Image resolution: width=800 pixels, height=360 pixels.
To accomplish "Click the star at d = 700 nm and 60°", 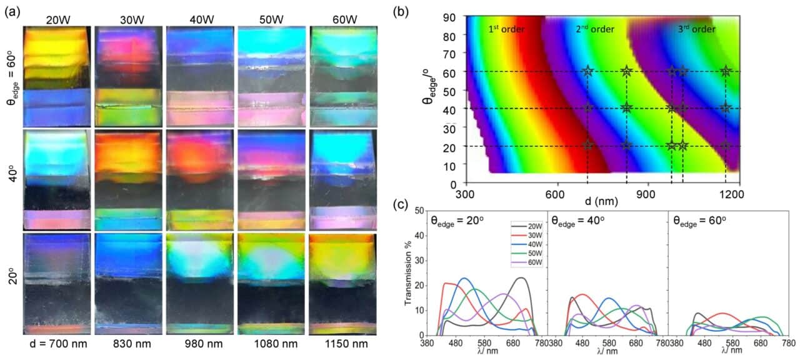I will pyautogui.click(x=587, y=71).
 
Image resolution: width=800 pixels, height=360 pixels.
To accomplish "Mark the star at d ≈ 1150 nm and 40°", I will pyautogui.click(x=726, y=108).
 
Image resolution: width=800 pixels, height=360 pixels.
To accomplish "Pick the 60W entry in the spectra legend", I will pyautogui.click(x=534, y=263).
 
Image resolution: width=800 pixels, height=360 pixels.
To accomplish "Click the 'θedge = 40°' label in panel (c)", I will pyautogui.click(x=579, y=219).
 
